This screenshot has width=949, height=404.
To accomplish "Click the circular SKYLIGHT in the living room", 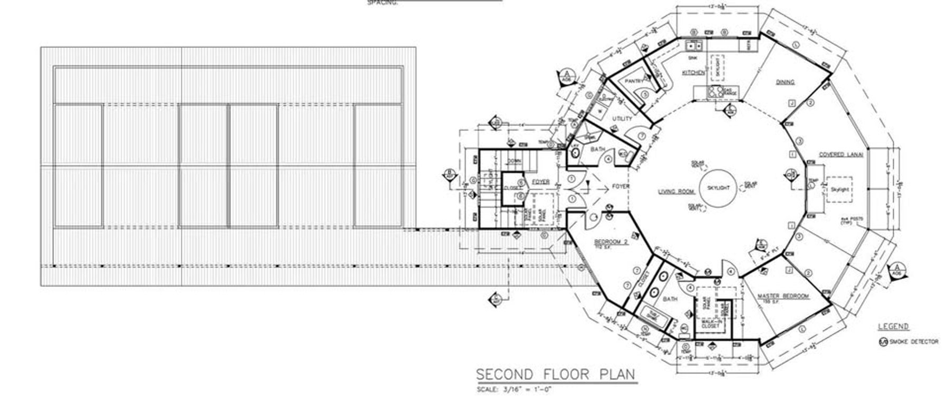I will pyautogui.click(x=718, y=188).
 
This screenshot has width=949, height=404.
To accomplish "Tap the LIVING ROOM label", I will pyautogui.click(x=676, y=192).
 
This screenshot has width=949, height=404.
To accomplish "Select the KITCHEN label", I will pyautogui.click(x=693, y=73).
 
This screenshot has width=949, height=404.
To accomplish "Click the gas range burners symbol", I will pyautogui.click(x=715, y=93).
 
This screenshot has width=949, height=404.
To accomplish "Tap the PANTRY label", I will pyautogui.click(x=633, y=82).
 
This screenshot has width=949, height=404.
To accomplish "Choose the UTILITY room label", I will pyautogui.click(x=622, y=119).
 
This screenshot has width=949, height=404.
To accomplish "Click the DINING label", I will pyautogui.click(x=785, y=82).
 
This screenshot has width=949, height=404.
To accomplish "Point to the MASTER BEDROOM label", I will pyautogui.click(x=783, y=297).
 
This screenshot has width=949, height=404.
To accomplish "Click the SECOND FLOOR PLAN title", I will pyautogui.click(x=556, y=375).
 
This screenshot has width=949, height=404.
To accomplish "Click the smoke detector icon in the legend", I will pyautogui.click(x=883, y=342).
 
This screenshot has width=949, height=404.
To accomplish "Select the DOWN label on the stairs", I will pyautogui.click(x=514, y=161).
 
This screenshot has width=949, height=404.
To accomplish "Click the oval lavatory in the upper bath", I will pyautogui.click(x=576, y=152).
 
